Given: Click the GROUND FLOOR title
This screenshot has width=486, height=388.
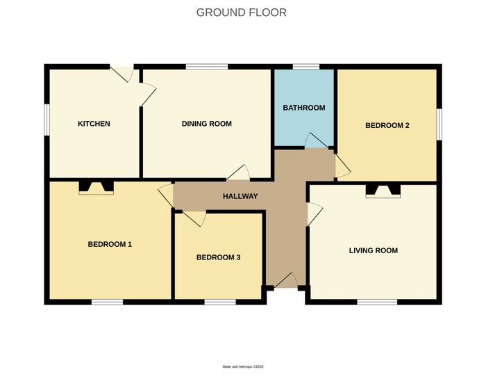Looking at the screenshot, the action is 242,13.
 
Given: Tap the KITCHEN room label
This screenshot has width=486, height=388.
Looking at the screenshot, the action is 94,124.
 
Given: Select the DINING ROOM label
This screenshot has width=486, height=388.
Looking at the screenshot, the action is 207,124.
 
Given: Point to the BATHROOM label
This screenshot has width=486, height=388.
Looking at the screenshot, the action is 304,108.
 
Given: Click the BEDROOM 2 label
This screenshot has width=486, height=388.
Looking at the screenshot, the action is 387,125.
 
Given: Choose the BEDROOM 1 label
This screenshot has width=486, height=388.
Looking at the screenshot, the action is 110,244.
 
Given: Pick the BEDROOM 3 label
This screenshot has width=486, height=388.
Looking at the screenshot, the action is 219,257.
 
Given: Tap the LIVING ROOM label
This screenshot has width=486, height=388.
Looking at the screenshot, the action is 374,250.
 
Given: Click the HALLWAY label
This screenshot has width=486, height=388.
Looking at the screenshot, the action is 240,196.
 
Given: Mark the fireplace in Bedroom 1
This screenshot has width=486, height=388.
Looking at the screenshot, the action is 97,188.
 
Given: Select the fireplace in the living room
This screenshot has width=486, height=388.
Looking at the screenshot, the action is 383,191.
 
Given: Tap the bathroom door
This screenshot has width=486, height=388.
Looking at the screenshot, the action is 317,140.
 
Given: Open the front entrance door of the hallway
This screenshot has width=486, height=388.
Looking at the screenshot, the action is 286,280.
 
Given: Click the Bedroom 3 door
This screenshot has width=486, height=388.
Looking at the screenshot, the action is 194,218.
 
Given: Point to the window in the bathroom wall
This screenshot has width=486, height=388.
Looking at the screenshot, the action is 306,67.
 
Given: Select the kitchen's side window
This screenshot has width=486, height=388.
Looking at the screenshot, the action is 47,120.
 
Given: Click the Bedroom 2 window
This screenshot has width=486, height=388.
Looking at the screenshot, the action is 439,124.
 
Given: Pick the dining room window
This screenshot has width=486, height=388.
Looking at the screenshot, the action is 207,67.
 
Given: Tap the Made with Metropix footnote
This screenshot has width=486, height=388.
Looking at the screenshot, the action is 243,366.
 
